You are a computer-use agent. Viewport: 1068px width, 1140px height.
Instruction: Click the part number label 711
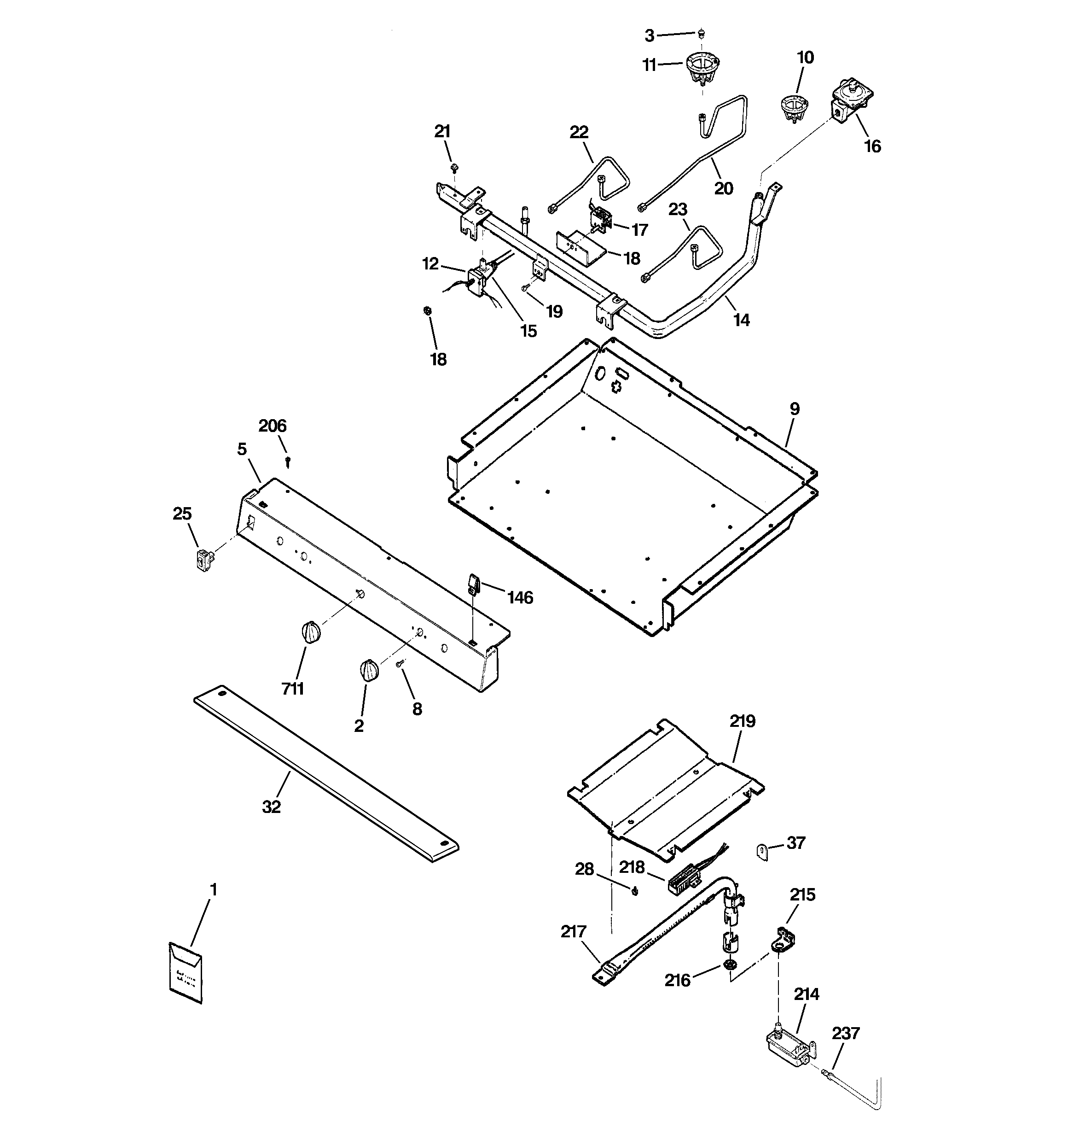click(x=292, y=689)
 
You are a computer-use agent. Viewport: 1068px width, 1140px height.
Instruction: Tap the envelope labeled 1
click(x=185, y=973)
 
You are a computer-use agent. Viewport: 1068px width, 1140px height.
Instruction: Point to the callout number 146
click(x=520, y=598)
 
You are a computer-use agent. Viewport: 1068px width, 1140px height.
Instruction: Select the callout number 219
click(x=743, y=721)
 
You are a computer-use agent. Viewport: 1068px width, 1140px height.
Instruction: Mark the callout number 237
click(x=846, y=1033)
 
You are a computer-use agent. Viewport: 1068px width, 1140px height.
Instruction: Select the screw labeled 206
click(x=288, y=461)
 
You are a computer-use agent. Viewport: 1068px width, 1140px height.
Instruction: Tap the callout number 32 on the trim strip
click(x=272, y=807)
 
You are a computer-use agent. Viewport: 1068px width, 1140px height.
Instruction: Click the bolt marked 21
click(x=453, y=168)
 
